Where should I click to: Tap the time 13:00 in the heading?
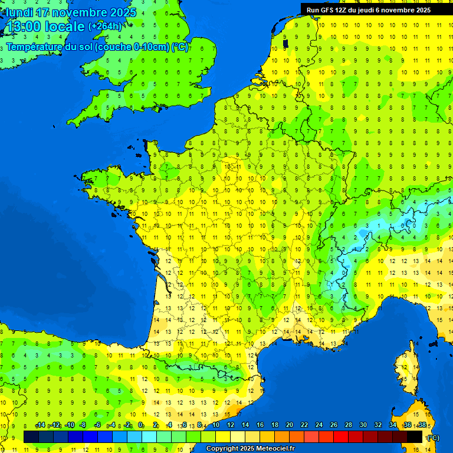pyautogui.click(x=23, y=27)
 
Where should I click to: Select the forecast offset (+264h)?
pyautogui.click(x=105, y=26)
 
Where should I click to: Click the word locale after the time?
pyautogui.click(x=64, y=27)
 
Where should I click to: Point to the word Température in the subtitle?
pyautogui.click(x=34, y=47)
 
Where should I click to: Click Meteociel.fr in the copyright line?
pyautogui.click(x=273, y=449)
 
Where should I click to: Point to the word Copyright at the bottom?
pyautogui.click(x=223, y=449)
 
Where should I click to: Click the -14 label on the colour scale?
pyautogui.click(x=40, y=425)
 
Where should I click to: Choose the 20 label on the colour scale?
pyautogui.click(x=290, y=425)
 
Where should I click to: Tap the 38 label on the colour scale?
pyautogui.click(x=422, y=425)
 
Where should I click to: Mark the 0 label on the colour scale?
pyautogui.click(x=142, y=425)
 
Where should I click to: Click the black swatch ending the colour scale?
pyautogui.click(x=415, y=436)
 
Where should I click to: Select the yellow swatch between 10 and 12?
pyautogui.click(x=223, y=436)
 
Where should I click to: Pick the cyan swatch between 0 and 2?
pyautogui.click(x=149, y=436)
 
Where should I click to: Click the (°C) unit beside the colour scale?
pyautogui.click(x=432, y=437)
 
